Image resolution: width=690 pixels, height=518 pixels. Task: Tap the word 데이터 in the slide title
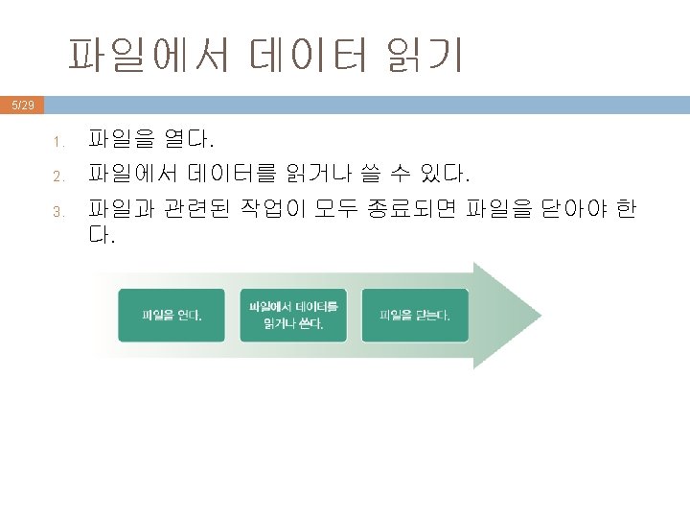[309, 56]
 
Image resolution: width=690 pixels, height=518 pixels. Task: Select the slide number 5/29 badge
[21, 105]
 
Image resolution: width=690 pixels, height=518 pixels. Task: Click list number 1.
[57, 144]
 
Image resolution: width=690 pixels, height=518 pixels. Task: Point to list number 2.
[57, 177]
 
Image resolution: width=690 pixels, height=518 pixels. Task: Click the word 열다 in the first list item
[188, 141]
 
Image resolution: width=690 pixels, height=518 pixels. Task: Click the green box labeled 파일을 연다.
[172, 315]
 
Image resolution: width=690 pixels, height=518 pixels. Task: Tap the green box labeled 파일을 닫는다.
[415, 315]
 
